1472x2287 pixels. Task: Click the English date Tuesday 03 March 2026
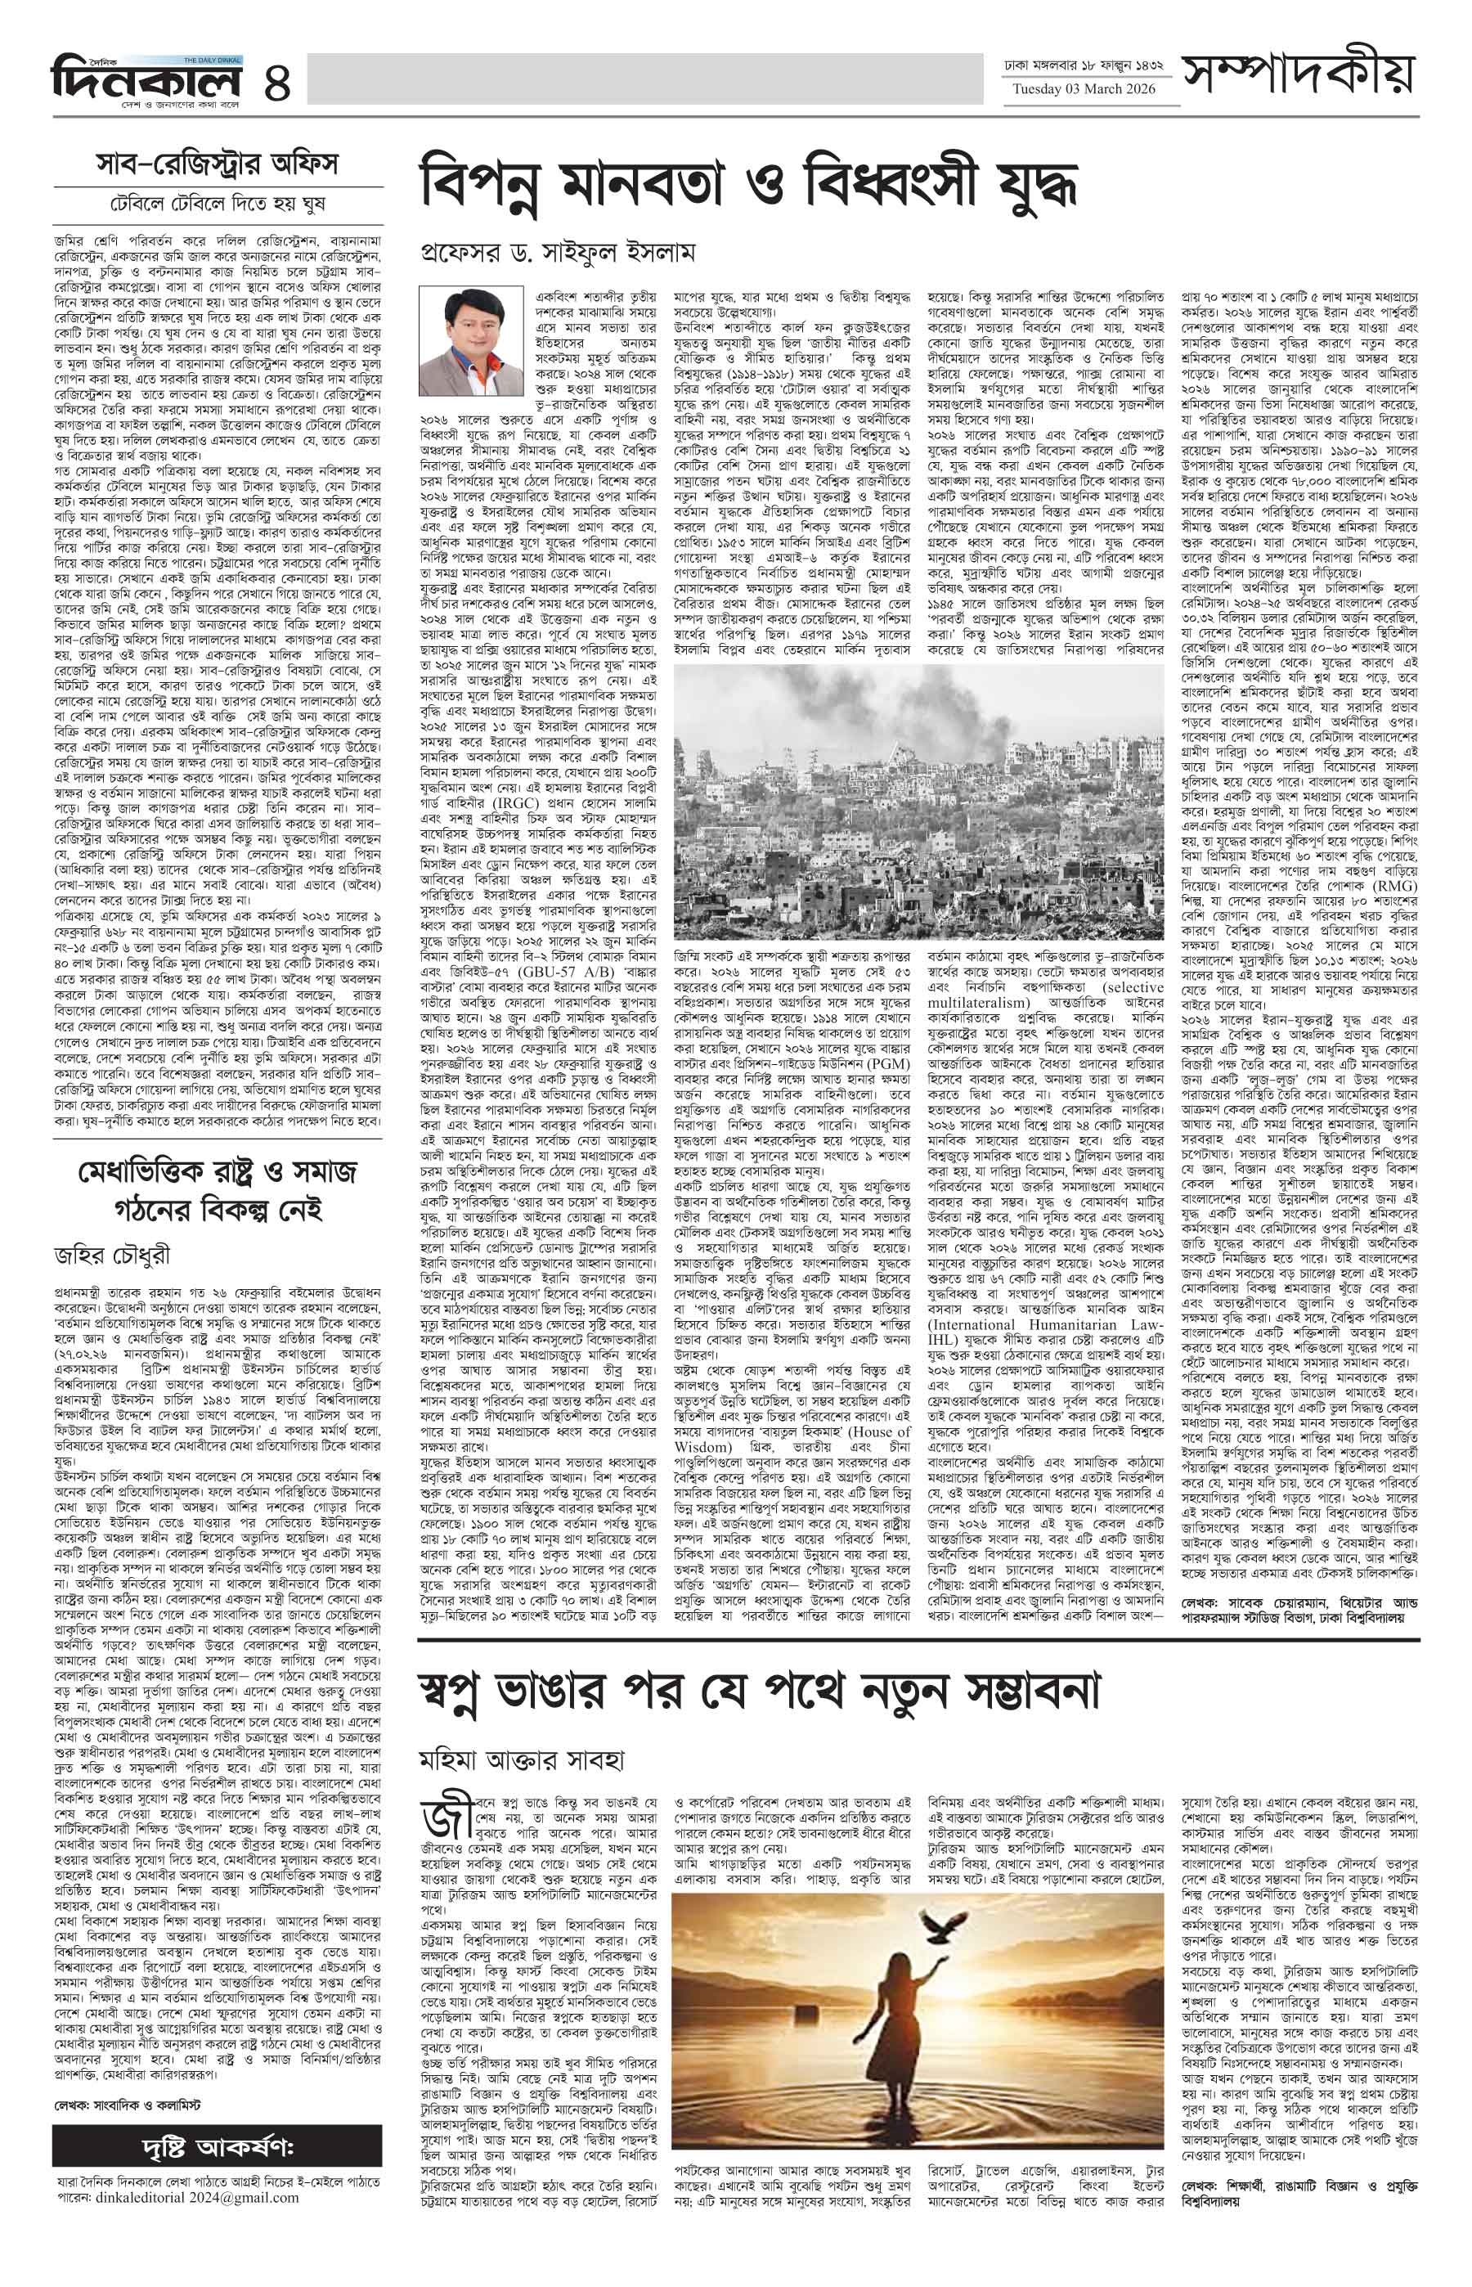coord(1084,90)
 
